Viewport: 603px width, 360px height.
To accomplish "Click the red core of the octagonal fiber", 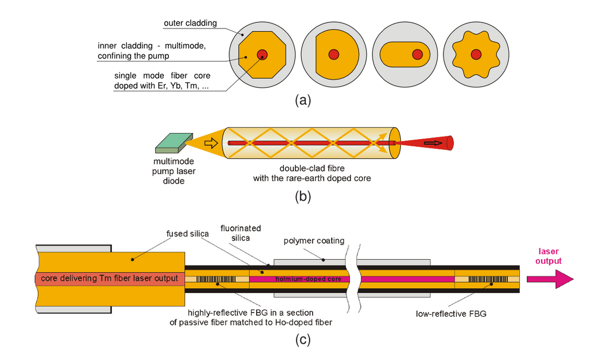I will tap(261, 54).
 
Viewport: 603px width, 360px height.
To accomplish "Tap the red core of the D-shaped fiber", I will tap(333, 54).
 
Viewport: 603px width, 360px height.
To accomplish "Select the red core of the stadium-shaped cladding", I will tap(417, 54).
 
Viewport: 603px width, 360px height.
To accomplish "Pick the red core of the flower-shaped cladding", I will tap(475, 54).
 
